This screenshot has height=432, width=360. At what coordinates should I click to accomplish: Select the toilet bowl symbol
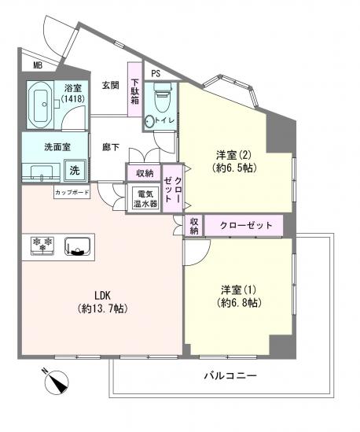click(162, 100)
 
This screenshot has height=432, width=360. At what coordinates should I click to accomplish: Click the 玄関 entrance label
click(109, 85)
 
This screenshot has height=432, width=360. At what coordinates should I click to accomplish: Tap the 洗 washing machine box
click(73, 169)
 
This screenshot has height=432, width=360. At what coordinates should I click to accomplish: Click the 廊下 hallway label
click(110, 146)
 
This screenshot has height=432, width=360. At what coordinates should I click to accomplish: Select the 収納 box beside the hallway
click(144, 173)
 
